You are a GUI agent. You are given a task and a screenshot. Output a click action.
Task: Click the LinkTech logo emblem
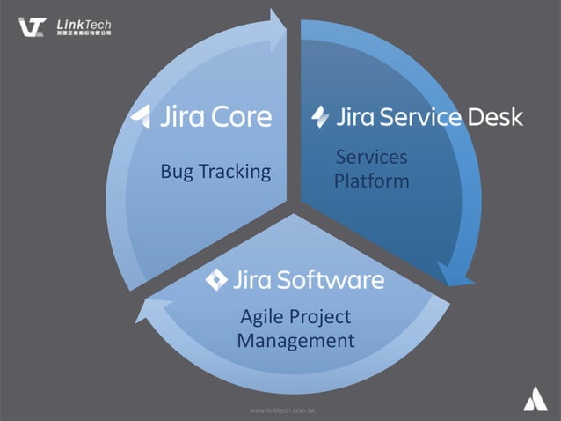coord(33,26)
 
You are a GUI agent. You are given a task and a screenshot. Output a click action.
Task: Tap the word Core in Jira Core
coord(239,116)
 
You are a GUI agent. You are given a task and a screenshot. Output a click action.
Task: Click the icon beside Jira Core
coord(142,116)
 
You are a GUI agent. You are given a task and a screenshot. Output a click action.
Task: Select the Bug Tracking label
coord(215,172)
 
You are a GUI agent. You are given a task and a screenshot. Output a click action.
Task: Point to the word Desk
coord(495,116)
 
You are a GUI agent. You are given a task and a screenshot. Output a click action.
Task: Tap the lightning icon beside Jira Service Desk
coord(321,116)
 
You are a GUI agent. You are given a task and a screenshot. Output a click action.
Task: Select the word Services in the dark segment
coord(372,157)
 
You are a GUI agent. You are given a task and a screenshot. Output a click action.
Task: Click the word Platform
coord(372,181)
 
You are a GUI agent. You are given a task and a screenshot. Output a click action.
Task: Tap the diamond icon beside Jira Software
coord(216,280)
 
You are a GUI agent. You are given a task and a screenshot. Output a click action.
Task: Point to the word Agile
coord(262,316)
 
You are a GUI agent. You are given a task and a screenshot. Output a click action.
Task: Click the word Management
coord(295,340)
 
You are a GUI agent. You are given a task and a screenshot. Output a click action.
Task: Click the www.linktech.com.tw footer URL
coord(283,410)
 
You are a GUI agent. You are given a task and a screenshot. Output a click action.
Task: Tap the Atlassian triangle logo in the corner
coord(535,400)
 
